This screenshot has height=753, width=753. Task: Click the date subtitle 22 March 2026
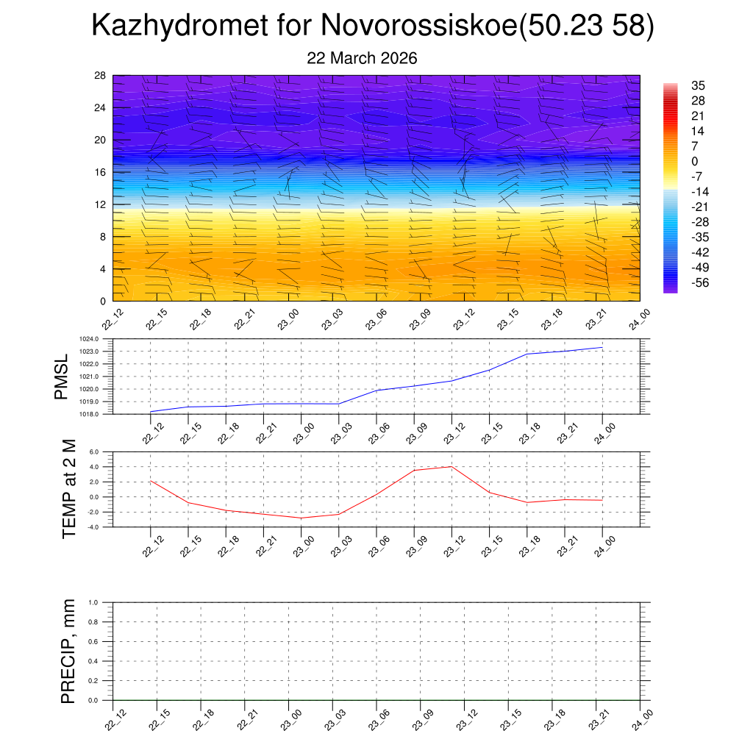[x=362, y=58]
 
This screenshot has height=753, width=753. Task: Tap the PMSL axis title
[x=61, y=376]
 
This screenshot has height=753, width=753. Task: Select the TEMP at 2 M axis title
[x=69, y=489]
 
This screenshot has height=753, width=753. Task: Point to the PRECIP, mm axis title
[x=68, y=652]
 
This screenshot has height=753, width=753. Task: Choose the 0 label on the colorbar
[x=695, y=161]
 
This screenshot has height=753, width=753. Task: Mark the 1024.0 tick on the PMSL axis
[x=101, y=339]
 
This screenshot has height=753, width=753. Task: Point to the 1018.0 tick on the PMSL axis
[x=101, y=414]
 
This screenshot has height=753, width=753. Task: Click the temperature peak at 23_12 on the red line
[x=451, y=466]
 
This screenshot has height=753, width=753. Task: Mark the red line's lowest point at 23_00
[x=301, y=518]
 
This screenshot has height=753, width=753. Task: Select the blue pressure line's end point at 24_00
[x=602, y=347]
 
